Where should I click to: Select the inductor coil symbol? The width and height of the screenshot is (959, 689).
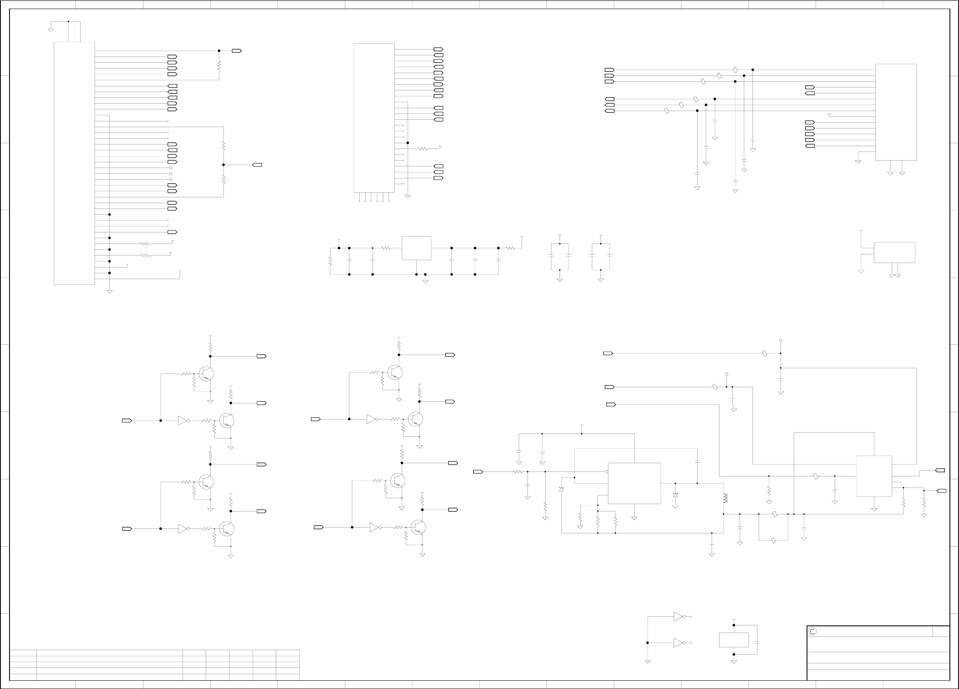(725, 498)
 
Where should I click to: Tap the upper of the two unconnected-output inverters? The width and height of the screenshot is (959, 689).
(678, 617)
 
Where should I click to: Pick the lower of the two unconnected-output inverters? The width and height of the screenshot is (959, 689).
(678, 643)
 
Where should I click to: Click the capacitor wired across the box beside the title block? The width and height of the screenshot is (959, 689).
(757, 642)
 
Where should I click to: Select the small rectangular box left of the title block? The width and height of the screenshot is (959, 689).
(733, 640)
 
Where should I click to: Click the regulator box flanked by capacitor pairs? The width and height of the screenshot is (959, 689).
(416, 248)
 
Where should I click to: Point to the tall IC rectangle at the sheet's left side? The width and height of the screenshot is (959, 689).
(74, 163)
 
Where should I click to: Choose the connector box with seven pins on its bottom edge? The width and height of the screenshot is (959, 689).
(374, 118)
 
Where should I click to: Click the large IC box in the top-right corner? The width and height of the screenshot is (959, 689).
(896, 112)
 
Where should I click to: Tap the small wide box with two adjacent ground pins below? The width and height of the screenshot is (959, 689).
(894, 252)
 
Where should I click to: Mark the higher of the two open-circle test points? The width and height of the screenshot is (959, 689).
(781, 340)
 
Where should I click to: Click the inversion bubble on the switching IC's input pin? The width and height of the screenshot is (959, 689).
(607, 472)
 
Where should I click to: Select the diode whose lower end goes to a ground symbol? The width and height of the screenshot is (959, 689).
(675, 495)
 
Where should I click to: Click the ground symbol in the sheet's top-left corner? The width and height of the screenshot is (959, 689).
(51, 30)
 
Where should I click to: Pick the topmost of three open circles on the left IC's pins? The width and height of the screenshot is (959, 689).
(171, 168)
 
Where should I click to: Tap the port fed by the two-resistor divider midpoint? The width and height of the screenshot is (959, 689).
(257, 165)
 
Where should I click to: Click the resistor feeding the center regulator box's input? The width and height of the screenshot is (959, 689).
(386, 248)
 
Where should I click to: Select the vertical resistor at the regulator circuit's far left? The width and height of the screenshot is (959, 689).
(330, 261)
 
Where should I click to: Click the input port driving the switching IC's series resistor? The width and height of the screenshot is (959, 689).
(478, 472)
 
